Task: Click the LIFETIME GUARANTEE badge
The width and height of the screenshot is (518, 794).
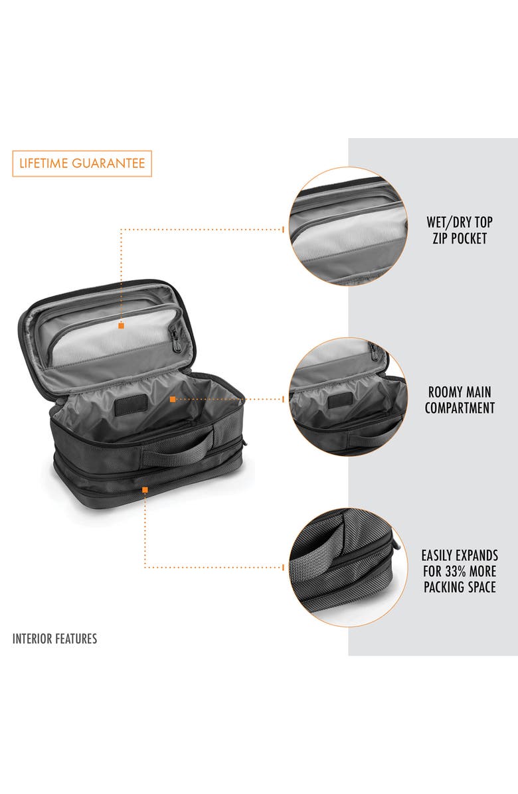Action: [x=82, y=163]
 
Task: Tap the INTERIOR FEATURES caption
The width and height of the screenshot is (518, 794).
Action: [x=54, y=639]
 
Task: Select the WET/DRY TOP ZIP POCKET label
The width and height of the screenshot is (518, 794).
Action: [x=460, y=230]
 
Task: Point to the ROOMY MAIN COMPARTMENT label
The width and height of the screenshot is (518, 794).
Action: [x=460, y=400]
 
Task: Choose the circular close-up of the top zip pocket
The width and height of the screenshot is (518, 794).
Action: [x=348, y=226]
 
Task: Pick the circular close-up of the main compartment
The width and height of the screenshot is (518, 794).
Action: [x=348, y=397]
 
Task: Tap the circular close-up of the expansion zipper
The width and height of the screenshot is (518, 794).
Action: [x=348, y=568]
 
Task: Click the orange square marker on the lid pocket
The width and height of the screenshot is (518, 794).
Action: [x=121, y=325]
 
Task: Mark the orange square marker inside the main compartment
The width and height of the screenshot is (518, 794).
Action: [x=173, y=399]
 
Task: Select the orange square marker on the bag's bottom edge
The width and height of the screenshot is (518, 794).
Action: [x=145, y=489]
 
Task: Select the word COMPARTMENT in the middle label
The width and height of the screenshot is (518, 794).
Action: [x=460, y=408]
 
